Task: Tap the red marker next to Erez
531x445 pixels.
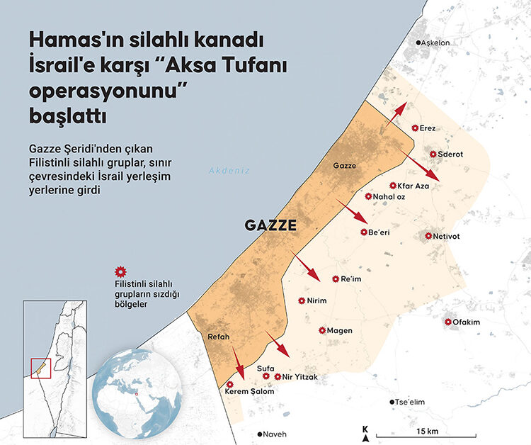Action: [415, 128]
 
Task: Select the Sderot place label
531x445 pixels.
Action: [455, 154]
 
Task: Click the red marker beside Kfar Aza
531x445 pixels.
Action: [393, 186]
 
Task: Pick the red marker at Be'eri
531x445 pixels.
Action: [364, 232]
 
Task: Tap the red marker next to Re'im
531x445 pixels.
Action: [336, 278]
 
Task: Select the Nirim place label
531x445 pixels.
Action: [317, 300]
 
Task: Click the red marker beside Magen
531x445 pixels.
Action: [321, 330]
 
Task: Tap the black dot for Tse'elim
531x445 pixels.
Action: [392, 402]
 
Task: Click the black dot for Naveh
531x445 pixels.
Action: [260, 434]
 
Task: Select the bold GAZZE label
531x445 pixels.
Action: [270, 226]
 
